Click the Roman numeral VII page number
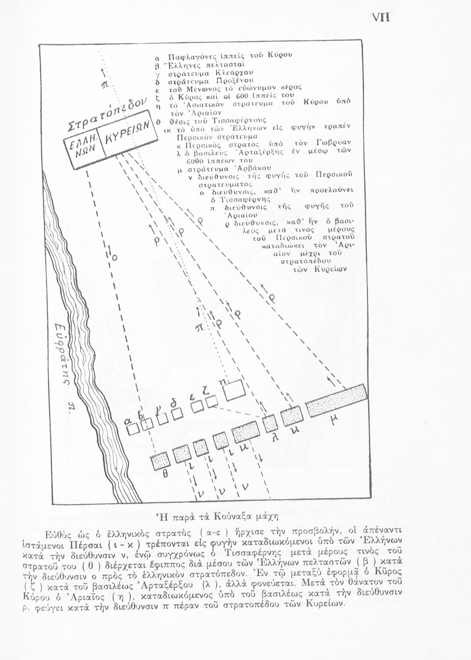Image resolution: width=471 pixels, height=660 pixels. pos(381,17)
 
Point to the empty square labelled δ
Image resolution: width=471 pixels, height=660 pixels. pos(177,414)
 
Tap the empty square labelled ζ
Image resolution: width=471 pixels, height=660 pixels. pos(212,401)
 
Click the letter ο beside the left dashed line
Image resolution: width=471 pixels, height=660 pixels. pos(115,259)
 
